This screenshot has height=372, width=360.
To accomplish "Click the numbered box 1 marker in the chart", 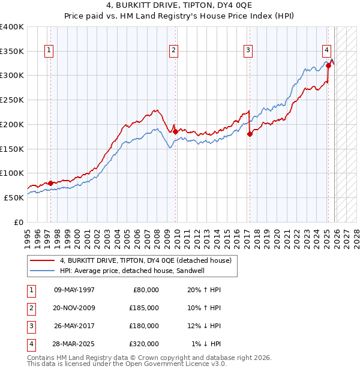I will (48, 50).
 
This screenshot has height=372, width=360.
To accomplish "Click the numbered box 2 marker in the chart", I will (173, 50).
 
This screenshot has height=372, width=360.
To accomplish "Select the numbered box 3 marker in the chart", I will (248, 50).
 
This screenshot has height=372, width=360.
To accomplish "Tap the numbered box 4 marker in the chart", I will (326, 50).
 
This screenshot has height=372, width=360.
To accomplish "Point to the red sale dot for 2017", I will (250, 134).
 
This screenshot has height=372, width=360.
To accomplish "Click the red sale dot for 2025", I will (328, 65).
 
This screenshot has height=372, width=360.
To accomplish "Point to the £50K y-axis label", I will (14, 197).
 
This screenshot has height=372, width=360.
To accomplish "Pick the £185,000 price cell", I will (143, 308).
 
